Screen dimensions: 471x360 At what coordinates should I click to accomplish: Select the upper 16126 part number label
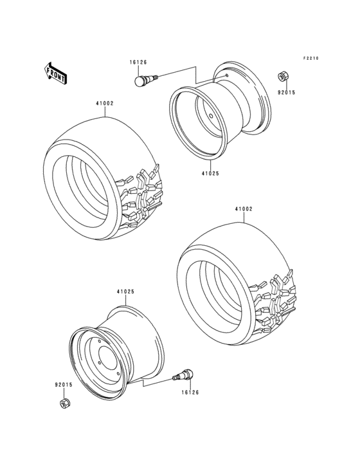[138, 62]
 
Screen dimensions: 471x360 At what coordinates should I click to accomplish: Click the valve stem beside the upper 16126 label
[145, 80]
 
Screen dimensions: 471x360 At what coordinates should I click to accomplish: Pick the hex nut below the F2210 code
[282, 77]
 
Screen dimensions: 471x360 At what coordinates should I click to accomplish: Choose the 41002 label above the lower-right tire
[244, 209]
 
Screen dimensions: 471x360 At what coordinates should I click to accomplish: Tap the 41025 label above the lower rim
[125, 291]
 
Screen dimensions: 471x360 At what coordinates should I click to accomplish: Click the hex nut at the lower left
[64, 403]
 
